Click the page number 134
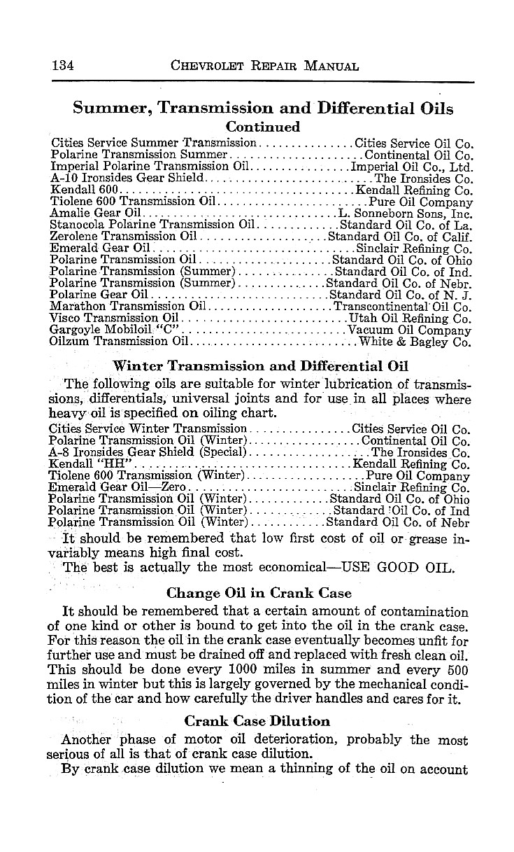click(63, 67)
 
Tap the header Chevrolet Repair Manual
click(265, 67)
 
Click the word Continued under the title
click(263, 127)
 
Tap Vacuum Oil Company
click(410, 330)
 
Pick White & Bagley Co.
click(415, 342)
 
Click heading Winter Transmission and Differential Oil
click(261, 365)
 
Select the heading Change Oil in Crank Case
click(259, 594)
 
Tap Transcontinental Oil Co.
click(403, 306)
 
